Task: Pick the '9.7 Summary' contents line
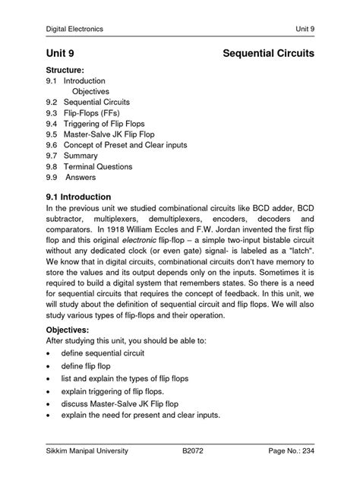point(71,156)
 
